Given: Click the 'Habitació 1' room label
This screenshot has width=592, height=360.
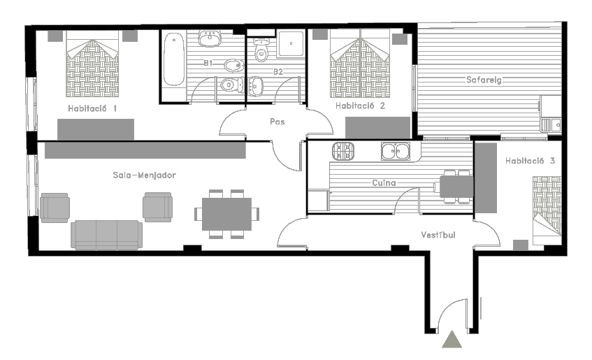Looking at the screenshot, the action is coord(92,108).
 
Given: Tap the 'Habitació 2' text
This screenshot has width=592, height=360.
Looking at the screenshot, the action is coord(360,106).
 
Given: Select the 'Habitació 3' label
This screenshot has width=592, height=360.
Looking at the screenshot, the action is coord(530,161).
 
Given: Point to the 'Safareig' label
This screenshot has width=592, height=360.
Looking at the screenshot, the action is coord(484,80).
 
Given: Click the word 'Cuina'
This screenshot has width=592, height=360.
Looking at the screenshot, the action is coord(384,183).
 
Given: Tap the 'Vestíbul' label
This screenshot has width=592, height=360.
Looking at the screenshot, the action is coord(438,235).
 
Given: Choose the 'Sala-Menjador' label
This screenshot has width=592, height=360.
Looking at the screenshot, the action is coord(144,175).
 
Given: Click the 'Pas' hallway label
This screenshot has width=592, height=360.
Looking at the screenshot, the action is coord(277,122).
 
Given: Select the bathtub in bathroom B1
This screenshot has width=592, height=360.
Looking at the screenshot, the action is coord(173,59).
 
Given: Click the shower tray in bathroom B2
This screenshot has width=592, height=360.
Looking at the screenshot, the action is coord(291,44).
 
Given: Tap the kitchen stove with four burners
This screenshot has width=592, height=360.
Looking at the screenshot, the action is coord(343,151).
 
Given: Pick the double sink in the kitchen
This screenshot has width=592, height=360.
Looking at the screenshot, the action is coord(396,151).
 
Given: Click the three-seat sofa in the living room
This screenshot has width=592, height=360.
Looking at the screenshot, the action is coord(107,235).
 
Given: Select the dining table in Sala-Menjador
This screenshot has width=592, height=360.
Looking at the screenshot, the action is coord(226,214).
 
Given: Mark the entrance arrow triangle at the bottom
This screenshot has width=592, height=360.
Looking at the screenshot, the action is coord(452,339).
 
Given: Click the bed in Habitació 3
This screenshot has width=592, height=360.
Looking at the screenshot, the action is coord(547,210).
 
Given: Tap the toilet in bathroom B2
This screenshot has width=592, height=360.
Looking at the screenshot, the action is coord(261,50).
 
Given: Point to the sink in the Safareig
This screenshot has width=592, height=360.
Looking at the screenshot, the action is coord(551,125).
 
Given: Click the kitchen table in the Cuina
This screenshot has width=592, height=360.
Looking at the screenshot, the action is coord(456,187).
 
